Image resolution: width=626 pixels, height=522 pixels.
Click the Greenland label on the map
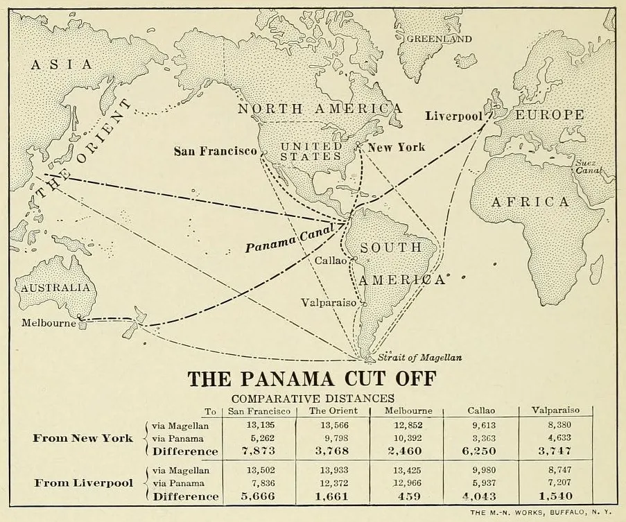tap(439, 39)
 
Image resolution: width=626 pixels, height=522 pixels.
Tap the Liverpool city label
tap(454, 116)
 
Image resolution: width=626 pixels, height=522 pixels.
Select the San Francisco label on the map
tap(214, 151)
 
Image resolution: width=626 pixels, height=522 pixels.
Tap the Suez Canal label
tap(586, 167)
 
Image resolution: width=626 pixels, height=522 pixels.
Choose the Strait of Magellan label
tap(419, 358)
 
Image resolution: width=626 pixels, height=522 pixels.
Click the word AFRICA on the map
tap(530, 202)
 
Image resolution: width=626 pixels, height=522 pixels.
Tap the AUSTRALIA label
tap(54, 288)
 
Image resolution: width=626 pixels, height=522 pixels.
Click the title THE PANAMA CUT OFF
tap(313, 381)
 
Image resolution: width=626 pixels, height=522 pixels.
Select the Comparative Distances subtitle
tap(313, 399)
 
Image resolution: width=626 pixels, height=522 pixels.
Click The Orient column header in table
tap(331, 411)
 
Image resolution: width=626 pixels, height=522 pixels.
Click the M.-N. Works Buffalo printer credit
tap(544, 513)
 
